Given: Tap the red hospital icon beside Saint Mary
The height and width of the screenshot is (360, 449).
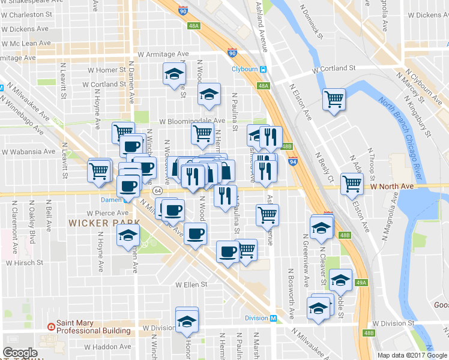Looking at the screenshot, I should click(x=51, y=327).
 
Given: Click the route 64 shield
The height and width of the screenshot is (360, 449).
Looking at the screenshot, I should click(x=157, y=190).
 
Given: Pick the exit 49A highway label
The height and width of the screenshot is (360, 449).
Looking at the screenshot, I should click(x=361, y=283).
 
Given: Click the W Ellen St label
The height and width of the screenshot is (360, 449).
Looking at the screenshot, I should click(x=191, y=284).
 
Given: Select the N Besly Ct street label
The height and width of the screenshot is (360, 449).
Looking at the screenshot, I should click(x=324, y=167).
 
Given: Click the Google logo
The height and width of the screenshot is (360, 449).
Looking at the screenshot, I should click(x=20, y=352).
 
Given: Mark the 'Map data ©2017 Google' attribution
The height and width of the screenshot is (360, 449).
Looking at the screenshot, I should click(x=412, y=355).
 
